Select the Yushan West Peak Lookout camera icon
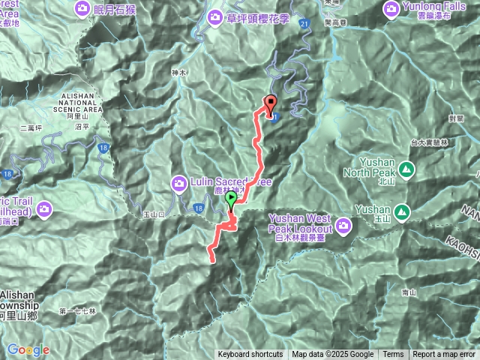pos(343,223)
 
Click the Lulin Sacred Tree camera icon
pos(180,182)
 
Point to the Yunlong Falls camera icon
pos(391,9)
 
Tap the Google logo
pos(28,349)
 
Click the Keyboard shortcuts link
pos(250,355)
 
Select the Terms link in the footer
pos(393,355)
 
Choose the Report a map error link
pos(444,355)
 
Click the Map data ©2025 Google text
pos(333,355)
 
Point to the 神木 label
pos(178,72)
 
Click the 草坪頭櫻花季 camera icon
pos(215,16)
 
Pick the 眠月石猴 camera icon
pos(82,9)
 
